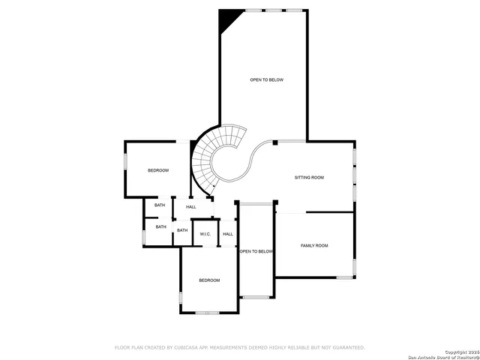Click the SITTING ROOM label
[x=309, y=178]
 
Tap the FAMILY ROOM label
[x=314, y=246]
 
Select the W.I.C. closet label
[x=205, y=234]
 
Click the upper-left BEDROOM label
[x=158, y=171]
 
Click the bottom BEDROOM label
[x=209, y=280]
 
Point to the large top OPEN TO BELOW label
[x=266, y=79]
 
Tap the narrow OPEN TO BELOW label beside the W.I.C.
[x=256, y=252]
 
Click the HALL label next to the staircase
[x=191, y=207]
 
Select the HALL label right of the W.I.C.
[x=228, y=234]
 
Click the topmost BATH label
[x=160, y=205]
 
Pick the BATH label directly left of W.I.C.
[x=182, y=230]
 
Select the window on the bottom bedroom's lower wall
[x=206, y=312]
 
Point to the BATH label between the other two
[x=161, y=226]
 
